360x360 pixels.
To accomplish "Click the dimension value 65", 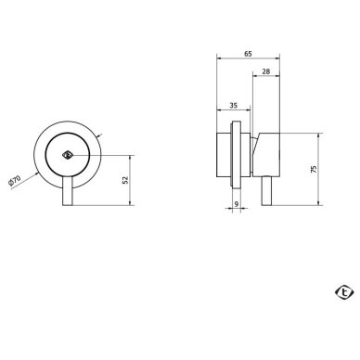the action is click(x=248, y=54).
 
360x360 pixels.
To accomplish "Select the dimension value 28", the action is click(x=266, y=71).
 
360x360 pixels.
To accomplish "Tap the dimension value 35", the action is click(x=234, y=106).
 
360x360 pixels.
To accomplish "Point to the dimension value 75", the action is click(x=315, y=169).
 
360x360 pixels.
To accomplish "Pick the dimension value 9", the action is click(x=237, y=204).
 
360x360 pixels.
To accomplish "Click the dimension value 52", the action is click(x=125, y=180).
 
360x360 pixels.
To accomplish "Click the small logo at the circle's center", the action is click(x=67, y=155).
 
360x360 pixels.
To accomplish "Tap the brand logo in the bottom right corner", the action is click(x=344, y=292).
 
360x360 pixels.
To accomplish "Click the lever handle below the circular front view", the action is click(x=68, y=191).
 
